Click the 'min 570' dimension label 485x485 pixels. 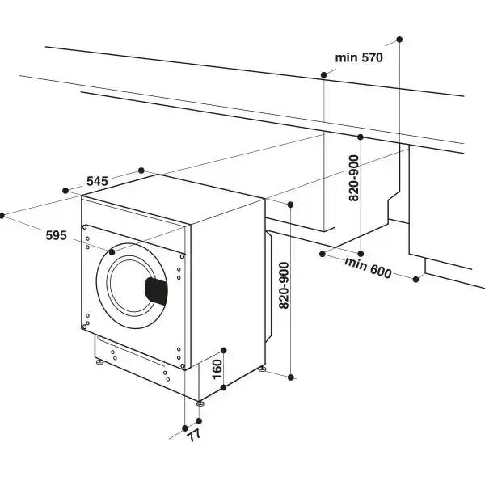pos(359,57)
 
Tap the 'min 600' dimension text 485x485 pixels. pos(369,268)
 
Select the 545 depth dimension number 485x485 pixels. pos(97,181)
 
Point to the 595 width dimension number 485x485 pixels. pos(56,235)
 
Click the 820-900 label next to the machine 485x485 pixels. pos(284,286)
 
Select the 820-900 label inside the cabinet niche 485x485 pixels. pos(353,179)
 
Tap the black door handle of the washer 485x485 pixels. pos(156,289)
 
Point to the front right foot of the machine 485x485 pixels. pos(198,402)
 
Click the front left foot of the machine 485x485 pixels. pos(99,364)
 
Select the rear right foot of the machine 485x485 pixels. pos(262,369)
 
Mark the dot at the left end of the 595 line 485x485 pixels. pos(2,216)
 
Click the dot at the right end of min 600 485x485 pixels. pos(417,280)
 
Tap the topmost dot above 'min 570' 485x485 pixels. pos(399,39)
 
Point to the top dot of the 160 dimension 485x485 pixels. pos(224,350)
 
